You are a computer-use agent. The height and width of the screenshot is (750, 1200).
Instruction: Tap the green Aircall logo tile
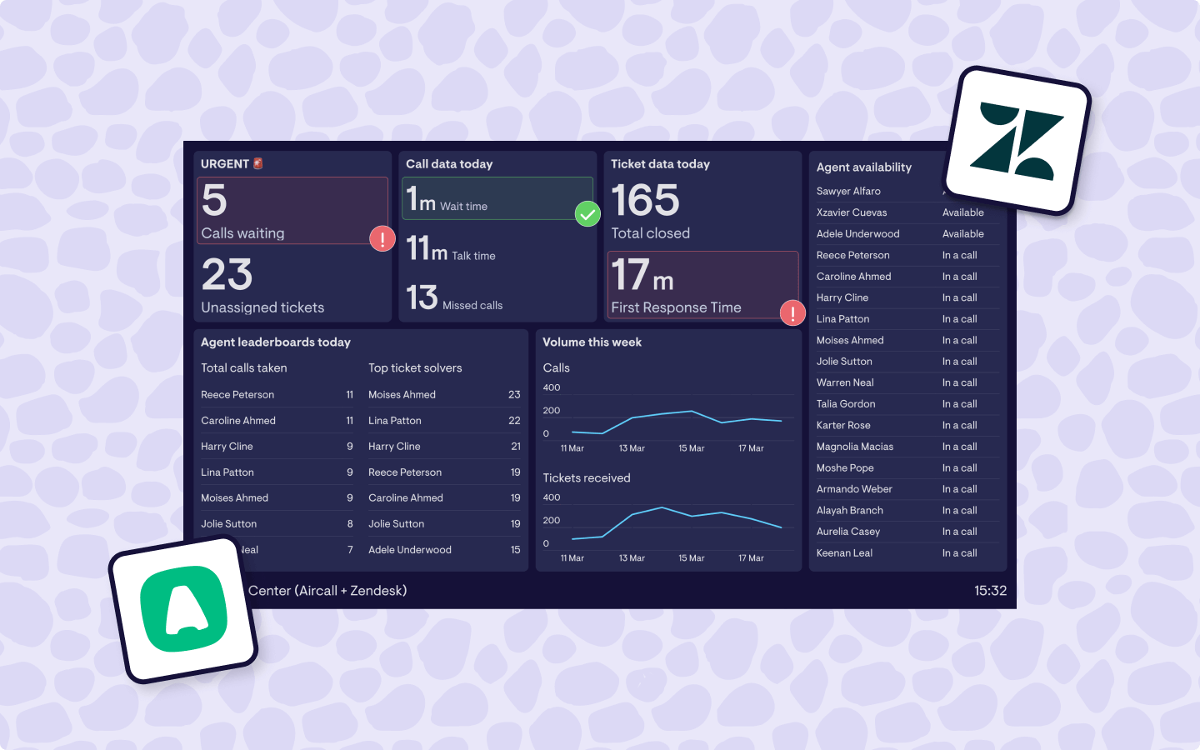[x=183, y=610]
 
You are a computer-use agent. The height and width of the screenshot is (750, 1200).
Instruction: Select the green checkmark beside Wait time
[x=587, y=214]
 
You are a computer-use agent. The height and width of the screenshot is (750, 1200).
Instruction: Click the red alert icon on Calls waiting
[x=382, y=239]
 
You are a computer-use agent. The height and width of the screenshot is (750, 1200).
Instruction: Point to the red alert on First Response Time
[x=792, y=313]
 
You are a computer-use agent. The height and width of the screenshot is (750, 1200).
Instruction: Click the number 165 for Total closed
[x=645, y=201]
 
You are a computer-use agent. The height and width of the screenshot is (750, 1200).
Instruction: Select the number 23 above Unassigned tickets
[x=227, y=275]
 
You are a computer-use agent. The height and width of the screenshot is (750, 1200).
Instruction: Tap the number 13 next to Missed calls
[x=422, y=297]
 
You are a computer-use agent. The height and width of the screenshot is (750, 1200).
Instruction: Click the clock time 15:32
[x=990, y=591]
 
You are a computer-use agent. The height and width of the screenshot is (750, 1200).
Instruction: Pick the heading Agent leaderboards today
[x=276, y=342]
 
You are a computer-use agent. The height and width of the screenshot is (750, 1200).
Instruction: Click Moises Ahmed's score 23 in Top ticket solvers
[x=514, y=395]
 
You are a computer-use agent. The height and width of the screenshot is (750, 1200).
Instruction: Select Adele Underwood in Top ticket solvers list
[x=410, y=550]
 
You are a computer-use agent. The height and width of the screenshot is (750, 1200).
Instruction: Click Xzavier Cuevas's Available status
[x=962, y=213]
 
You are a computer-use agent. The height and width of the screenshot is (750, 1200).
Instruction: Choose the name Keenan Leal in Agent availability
[x=844, y=553]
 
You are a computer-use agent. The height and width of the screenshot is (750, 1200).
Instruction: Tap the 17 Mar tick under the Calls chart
[x=751, y=448]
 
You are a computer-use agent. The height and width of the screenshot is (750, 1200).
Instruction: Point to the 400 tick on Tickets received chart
[x=552, y=497]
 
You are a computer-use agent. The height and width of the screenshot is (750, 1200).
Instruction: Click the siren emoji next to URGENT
[x=258, y=164]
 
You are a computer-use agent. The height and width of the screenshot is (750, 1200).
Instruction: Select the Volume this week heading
[x=592, y=342]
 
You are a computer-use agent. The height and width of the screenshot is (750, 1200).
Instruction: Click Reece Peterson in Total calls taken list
[x=237, y=395]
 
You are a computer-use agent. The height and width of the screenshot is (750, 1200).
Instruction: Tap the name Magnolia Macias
[x=854, y=447]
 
